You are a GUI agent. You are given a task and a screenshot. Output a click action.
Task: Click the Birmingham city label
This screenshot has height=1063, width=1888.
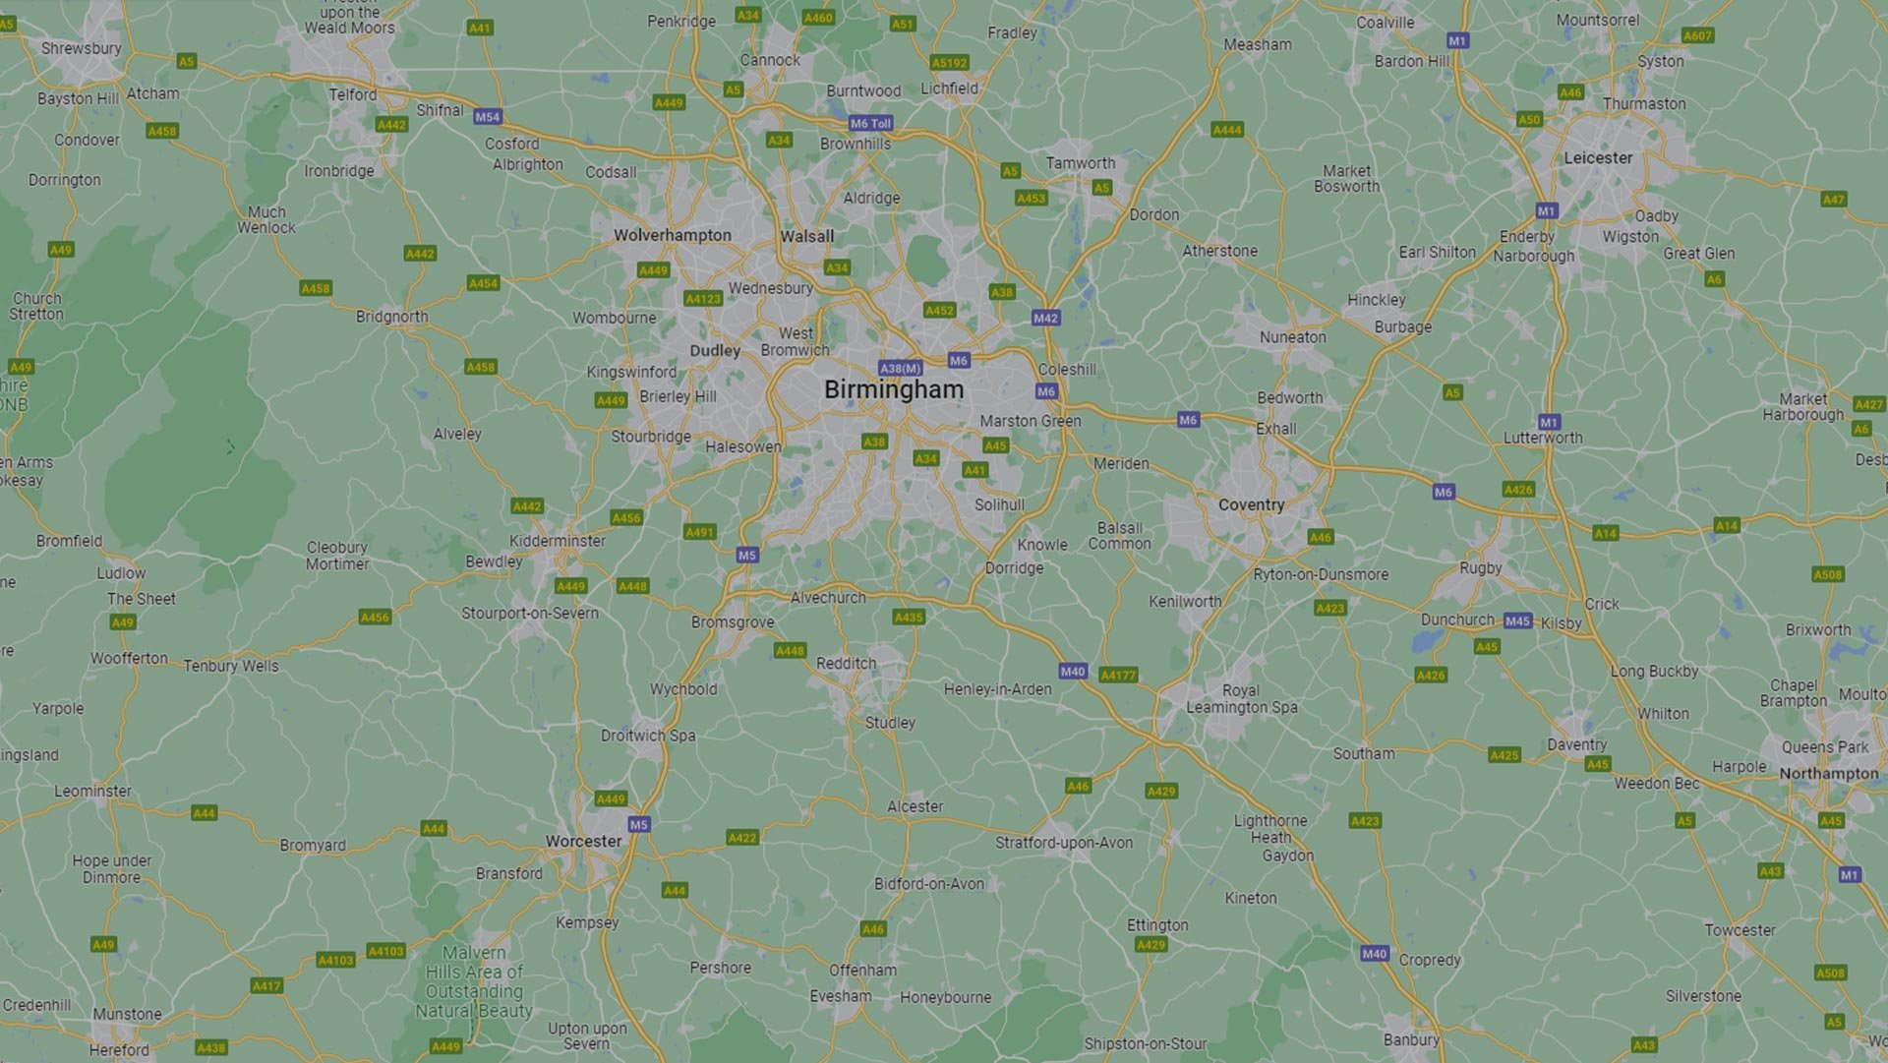(x=893, y=389)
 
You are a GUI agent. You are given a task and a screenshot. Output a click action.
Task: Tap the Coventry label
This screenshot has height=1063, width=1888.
(x=1251, y=504)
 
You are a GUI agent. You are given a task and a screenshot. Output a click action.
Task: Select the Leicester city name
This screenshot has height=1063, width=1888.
(x=1597, y=157)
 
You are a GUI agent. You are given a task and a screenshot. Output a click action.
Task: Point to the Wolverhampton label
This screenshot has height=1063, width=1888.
(x=673, y=235)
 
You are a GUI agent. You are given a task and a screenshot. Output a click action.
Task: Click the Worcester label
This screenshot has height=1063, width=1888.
(x=583, y=841)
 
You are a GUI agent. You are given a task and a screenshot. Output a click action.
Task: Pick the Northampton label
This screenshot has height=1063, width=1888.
(x=1828, y=774)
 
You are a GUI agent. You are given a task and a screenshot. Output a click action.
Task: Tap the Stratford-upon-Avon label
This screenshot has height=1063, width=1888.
(x=1063, y=843)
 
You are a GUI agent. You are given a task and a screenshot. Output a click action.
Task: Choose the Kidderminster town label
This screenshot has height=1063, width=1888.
(x=557, y=541)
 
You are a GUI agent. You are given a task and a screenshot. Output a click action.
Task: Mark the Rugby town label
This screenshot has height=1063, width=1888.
(x=1480, y=567)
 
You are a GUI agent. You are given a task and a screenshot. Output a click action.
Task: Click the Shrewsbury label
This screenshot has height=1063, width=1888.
(x=82, y=48)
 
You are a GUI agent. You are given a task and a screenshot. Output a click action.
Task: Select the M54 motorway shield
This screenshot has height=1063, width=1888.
(x=487, y=116)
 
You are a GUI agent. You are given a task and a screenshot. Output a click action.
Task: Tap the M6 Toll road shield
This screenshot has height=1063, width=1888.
(x=871, y=123)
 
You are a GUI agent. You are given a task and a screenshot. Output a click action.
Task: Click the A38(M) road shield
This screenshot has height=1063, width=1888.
(x=900, y=368)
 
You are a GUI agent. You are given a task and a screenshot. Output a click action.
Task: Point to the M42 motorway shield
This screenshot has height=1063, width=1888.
(x=1045, y=318)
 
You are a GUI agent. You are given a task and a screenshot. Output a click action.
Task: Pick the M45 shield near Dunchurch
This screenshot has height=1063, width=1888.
(x=1517, y=620)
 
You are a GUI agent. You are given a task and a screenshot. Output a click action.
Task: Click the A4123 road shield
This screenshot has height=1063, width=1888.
(x=703, y=299)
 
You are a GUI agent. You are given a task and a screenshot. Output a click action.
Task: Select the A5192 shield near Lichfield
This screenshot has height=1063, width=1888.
(x=949, y=63)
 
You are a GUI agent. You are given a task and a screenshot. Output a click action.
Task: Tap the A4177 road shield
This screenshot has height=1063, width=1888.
(x=1118, y=675)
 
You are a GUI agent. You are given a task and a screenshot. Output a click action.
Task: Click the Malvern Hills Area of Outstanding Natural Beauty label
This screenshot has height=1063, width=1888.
(x=474, y=981)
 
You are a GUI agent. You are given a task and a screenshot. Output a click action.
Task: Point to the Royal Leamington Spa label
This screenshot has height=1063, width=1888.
(x=1241, y=698)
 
